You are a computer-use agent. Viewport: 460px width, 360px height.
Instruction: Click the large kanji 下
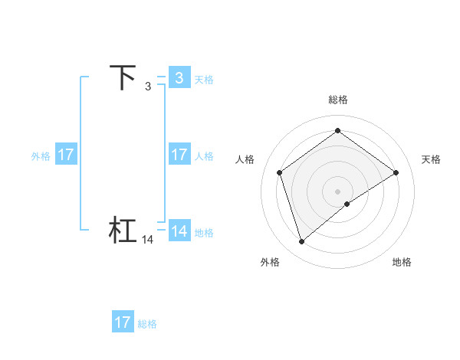click(123, 78)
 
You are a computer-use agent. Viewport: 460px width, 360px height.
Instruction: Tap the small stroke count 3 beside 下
click(148, 87)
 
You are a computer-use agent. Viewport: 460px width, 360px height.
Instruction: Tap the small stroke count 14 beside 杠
click(148, 240)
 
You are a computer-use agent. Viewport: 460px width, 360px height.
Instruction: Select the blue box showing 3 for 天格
click(179, 78)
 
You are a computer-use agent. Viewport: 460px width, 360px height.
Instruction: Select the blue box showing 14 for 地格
click(179, 231)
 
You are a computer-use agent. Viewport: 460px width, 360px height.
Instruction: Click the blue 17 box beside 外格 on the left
click(65, 155)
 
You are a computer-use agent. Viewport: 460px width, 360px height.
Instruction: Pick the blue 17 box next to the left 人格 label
click(179, 155)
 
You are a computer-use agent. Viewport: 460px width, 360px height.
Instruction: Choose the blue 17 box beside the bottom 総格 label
click(123, 322)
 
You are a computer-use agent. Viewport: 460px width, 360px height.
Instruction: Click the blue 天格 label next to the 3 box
click(204, 80)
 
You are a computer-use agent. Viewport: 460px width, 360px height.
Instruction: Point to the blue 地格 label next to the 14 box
click(204, 233)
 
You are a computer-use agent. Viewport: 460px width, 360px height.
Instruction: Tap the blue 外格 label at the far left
click(41, 156)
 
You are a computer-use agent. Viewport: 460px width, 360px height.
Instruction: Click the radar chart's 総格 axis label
click(337, 100)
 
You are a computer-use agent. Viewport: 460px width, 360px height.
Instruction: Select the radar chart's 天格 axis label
click(431, 159)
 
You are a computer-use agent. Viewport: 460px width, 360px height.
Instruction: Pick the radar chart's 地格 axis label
click(402, 263)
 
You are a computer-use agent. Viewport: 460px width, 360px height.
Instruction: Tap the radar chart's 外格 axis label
click(270, 263)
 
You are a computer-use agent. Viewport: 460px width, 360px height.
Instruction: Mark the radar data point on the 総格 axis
click(337, 130)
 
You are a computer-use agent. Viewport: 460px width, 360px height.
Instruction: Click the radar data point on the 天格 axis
click(396, 172)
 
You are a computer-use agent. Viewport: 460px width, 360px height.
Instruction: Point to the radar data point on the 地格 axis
click(347, 204)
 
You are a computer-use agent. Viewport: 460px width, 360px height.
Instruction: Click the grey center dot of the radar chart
click(337, 191)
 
